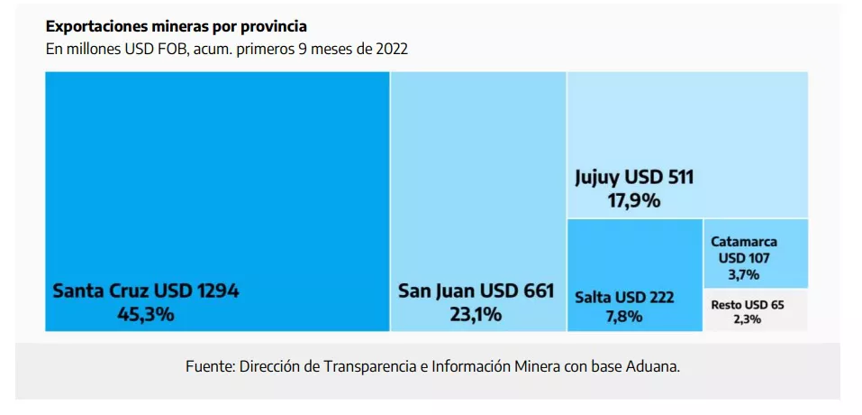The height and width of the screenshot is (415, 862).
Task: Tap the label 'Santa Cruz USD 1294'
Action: (146, 291)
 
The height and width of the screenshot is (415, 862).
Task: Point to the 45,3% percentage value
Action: (146, 315)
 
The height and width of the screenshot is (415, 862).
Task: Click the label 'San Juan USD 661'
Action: (476, 291)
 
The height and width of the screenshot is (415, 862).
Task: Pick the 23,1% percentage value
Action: (476, 315)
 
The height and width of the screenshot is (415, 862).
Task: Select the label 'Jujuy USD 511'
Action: (634, 178)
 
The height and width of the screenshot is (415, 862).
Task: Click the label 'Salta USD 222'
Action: (624, 297)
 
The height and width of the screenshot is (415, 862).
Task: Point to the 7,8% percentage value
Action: (624, 316)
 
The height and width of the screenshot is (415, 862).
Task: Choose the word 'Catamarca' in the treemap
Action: (743, 242)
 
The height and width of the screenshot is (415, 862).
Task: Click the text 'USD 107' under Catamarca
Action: (743, 258)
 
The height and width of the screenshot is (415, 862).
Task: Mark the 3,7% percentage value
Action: (743, 274)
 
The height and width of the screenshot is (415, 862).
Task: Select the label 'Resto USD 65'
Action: (747, 305)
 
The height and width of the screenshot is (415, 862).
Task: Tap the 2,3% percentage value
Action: (747, 319)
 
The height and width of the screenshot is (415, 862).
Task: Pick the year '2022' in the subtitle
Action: (391, 49)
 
